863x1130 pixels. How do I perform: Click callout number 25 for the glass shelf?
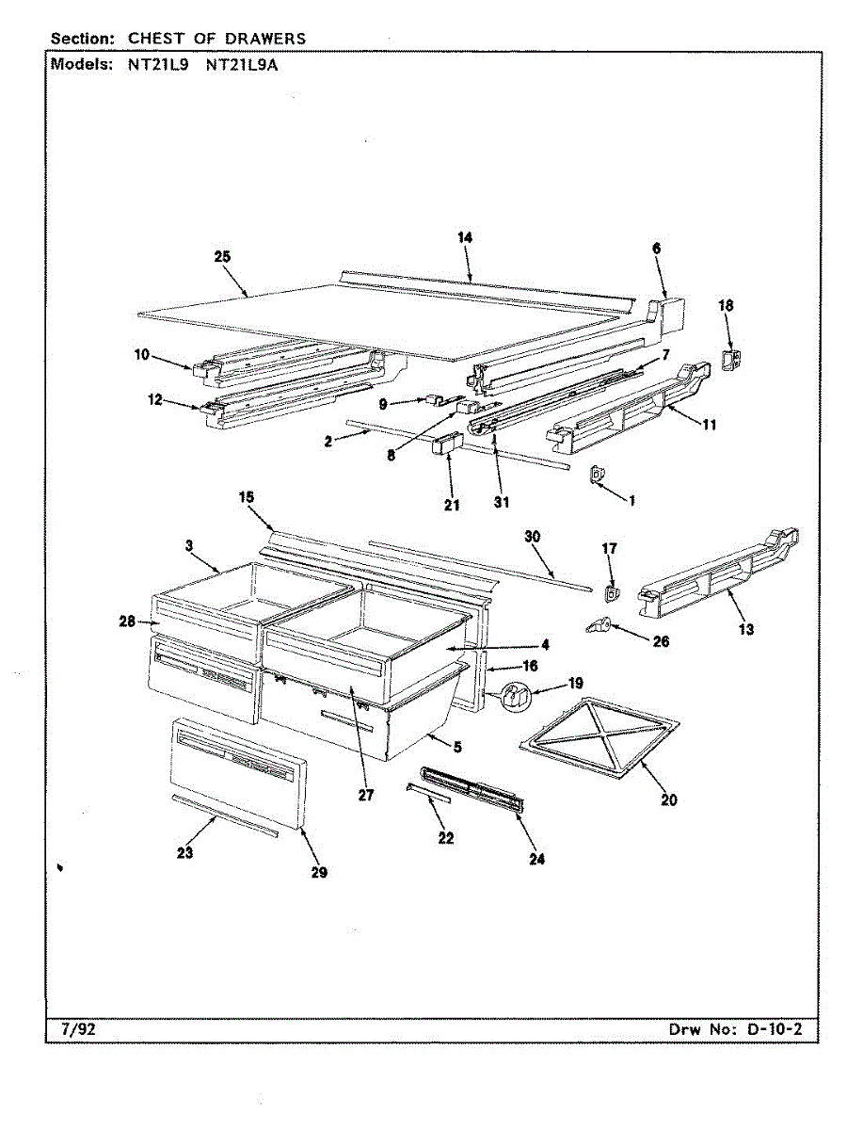[x=223, y=256]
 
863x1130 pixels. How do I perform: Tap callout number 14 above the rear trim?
[x=465, y=238]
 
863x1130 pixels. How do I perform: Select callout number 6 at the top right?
[x=656, y=248]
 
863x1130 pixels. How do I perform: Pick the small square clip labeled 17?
[x=610, y=592]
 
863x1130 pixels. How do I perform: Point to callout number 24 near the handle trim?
[x=536, y=858]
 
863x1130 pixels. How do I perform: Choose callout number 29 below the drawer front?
[x=319, y=873]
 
